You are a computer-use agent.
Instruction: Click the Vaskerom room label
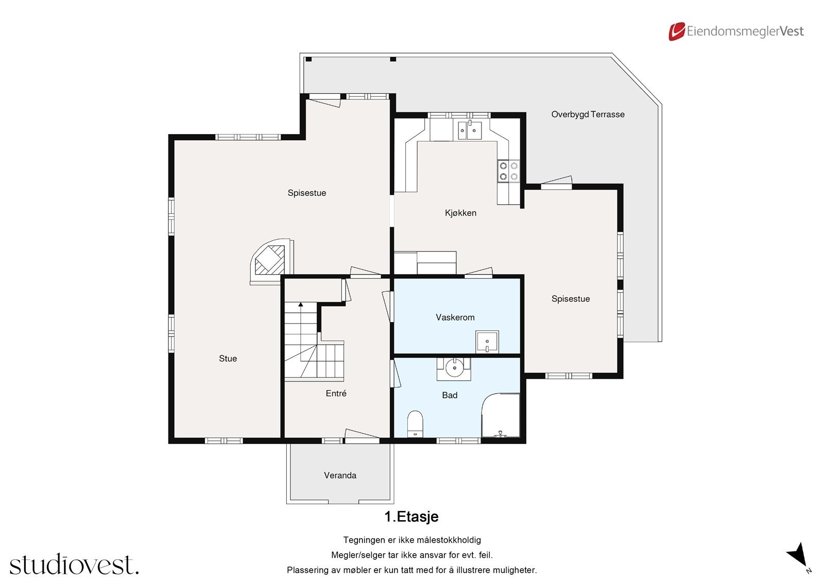(455, 318)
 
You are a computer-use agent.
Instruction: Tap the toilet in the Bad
(415, 424)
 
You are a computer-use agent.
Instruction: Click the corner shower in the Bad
(501, 417)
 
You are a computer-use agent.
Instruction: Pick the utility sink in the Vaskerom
(487, 342)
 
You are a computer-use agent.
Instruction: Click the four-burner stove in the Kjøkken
(508, 171)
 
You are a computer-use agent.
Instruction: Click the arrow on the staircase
(301, 305)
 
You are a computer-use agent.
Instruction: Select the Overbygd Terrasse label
(588, 114)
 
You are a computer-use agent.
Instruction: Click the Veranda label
(340, 475)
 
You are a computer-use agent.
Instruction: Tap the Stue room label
(228, 359)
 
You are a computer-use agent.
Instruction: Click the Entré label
(336, 393)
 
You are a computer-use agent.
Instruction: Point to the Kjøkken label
(460, 213)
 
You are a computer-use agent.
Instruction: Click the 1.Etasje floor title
(411, 517)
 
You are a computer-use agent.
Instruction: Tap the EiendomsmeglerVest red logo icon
(676, 31)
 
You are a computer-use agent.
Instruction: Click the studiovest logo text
(74, 565)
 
